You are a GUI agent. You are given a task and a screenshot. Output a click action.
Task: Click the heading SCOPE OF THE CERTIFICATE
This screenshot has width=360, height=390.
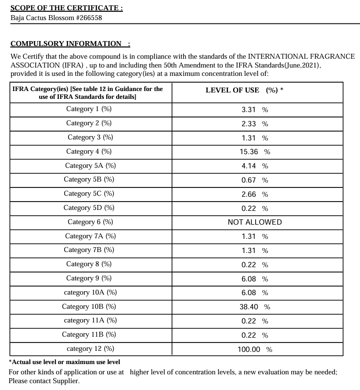pyautogui.click(x=66, y=8)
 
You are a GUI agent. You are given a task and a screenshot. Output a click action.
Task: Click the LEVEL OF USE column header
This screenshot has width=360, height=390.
pyautogui.click(x=244, y=90)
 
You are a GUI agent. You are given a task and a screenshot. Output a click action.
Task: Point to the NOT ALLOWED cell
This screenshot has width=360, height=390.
pyautogui.click(x=255, y=222)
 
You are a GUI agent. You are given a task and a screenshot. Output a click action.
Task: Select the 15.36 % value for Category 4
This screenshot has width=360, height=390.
pyautogui.click(x=255, y=152)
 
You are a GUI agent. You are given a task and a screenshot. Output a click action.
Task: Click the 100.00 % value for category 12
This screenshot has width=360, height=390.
pyautogui.click(x=255, y=349)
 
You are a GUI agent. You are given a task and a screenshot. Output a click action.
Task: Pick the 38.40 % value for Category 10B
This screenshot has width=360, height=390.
pyautogui.click(x=255, y=307)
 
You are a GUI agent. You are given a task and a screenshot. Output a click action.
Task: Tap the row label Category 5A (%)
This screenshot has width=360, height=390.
pyautogui.click(x=90, y=165)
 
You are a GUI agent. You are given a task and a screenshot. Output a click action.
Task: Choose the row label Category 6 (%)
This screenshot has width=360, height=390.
pyautogui.click(x=90, y=222)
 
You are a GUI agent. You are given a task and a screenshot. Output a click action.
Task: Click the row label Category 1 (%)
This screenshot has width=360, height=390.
pyautogui.click(x=89, y=109)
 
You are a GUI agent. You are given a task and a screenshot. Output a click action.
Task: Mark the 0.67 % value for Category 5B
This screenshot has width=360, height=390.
pyautogui.click(x=255, y=180)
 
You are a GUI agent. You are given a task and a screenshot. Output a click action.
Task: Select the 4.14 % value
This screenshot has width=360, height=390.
pyautogui.click(x=255, y=166)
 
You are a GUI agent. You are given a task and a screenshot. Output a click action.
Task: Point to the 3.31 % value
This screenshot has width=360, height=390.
pyautogui.click(x=255, y=110)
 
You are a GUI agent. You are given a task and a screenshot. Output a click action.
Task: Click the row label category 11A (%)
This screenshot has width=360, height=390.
pyautogui.click(x=90, y=321)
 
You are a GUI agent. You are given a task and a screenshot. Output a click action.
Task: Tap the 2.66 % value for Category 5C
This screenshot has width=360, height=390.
pyautogui.click(x=255, y=194)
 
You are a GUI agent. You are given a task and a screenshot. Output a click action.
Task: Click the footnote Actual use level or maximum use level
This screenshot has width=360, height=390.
pyautogui.click(x=65, y=362)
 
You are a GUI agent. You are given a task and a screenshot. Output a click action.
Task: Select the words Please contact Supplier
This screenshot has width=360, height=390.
pyautogui.click(x=44, y=381)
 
